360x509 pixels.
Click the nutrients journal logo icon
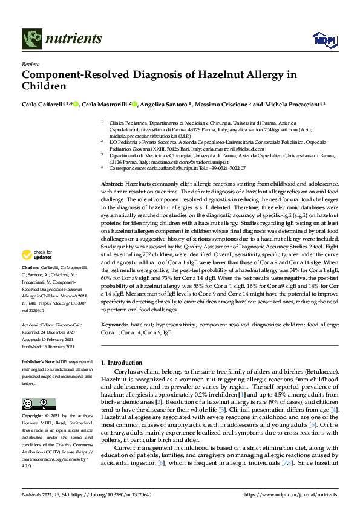(31, 39)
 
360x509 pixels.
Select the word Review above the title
(30, 63)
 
